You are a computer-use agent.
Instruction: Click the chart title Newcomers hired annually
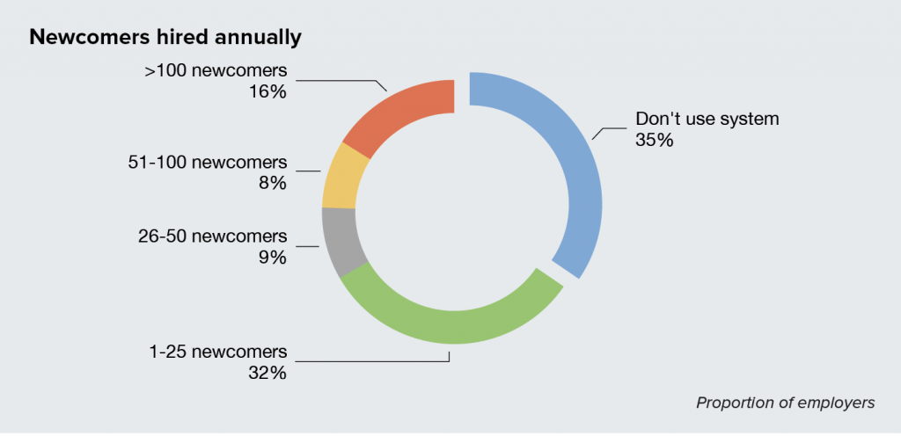[166, 38]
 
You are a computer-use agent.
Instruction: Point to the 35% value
[654, 139]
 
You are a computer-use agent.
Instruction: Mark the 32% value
[267, 373]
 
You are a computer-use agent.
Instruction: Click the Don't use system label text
[707, 119]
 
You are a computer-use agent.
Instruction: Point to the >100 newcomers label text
[216, 70]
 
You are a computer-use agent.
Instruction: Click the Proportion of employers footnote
[785, 403]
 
